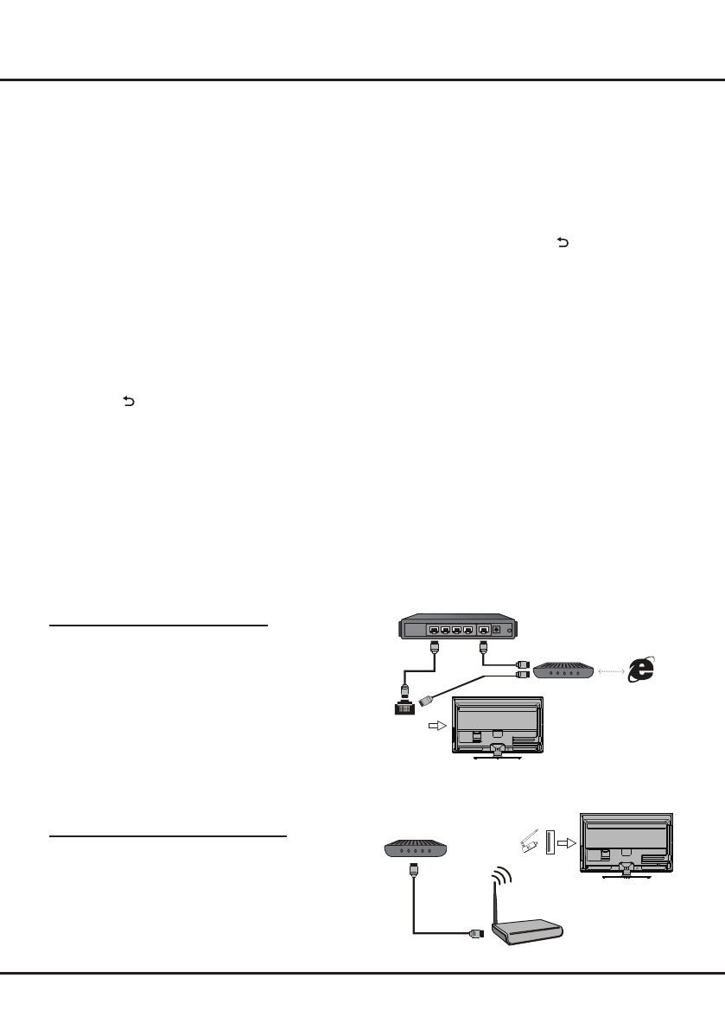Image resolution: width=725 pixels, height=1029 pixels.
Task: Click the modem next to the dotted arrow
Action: coord(561,670)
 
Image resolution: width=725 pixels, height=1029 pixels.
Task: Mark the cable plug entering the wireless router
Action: coord(474,932)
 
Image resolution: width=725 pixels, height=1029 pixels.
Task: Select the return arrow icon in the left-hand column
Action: coord(130,401)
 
